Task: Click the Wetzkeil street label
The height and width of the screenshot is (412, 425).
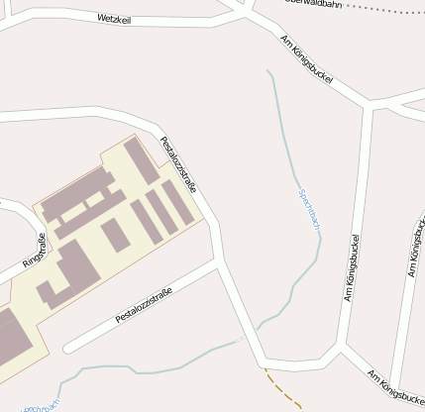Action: pyautogui.click(x=115, y=18)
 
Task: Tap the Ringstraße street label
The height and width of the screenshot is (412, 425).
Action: pyautogui.click(x=29, y=251)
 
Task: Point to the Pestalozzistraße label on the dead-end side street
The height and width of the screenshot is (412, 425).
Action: pyautogui.click(x=144, y=305)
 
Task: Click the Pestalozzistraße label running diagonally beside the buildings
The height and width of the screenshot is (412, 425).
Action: pyautogui.click(x=178, y=164)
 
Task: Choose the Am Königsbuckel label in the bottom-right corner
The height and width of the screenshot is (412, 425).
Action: pyautogui.click(x=395, y=388)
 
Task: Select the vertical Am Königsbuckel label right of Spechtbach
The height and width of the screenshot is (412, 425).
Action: pyautogui.click(x=352, y=267)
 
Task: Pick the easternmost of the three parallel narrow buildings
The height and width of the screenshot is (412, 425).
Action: pyautogui.click(x=178, y=202)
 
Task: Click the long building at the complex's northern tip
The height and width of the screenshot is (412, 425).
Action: pyautogui.click(x=141, y=160)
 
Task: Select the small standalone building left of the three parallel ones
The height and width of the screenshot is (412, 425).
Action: pyautogui.click(x=115, y=235)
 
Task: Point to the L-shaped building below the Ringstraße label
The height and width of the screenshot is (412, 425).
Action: pyautogui.click(x=69, y=271)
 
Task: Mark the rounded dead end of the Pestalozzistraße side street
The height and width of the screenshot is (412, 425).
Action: pyautogui.click(x=68, y=348)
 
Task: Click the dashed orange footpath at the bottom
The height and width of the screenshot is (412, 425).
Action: pyautogui.click(x=284, y=388)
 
